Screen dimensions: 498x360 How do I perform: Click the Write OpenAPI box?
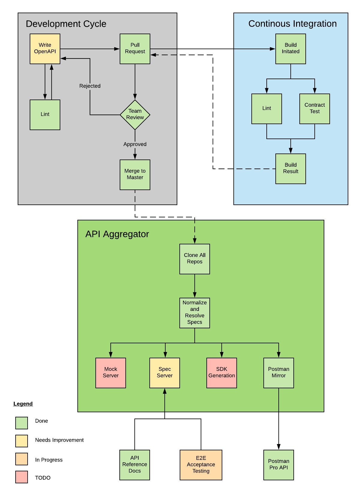[45, 49]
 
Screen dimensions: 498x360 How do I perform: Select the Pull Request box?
[135, 49]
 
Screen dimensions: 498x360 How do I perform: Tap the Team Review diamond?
[135, 115]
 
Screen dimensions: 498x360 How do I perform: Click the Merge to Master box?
[135, 174]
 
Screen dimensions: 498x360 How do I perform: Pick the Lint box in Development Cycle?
[45, 115]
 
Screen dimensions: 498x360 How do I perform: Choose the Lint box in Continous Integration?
[267, 109]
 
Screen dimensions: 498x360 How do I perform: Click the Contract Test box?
[315, 109]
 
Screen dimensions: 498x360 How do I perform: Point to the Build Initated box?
[291, 49]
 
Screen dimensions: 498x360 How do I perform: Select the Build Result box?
[291, 168]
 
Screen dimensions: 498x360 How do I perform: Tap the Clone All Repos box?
[195, 259]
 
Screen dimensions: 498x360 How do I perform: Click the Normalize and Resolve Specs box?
[195, 313]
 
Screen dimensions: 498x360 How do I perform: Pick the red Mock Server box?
[111, 373]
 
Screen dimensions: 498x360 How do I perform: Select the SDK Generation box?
[222, 373]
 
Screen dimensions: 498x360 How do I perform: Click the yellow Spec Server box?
[165, 373]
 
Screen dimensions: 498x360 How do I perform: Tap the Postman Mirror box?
[279, 373]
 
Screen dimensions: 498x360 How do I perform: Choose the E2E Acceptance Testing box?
[201, 465]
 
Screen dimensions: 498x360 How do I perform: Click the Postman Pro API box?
[279, 465]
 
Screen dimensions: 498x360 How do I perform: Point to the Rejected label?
[90, 86]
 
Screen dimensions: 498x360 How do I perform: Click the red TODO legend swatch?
[22, 477]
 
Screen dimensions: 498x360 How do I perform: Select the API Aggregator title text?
[117, 234]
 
